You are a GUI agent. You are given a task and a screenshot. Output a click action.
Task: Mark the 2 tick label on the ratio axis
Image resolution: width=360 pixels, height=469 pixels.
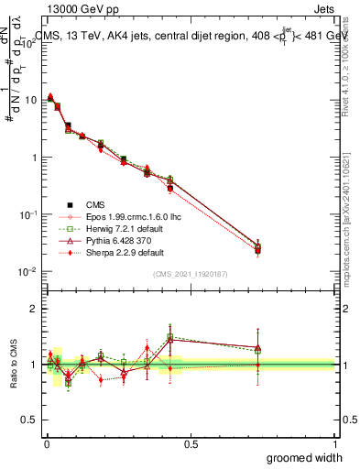pyautogui.click(x=33, y=309)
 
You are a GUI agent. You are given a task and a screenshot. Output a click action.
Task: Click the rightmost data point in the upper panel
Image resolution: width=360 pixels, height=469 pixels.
pyautogui.click(x=258, y=248)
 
